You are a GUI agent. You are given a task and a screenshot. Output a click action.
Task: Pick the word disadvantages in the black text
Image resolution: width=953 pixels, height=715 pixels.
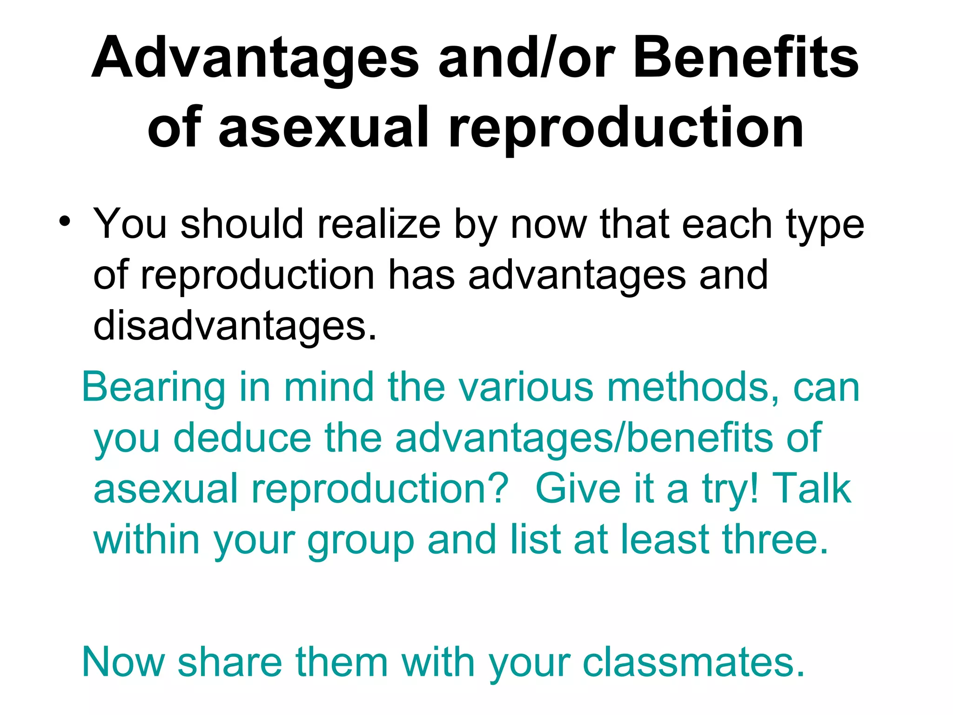click(235, 326)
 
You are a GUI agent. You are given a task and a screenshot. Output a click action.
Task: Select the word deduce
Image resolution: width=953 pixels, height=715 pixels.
click(242, 438)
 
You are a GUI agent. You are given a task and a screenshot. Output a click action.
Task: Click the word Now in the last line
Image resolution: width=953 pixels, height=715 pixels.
click(123, 662)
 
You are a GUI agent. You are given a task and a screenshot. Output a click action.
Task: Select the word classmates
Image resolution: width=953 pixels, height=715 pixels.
click(693, 662)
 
